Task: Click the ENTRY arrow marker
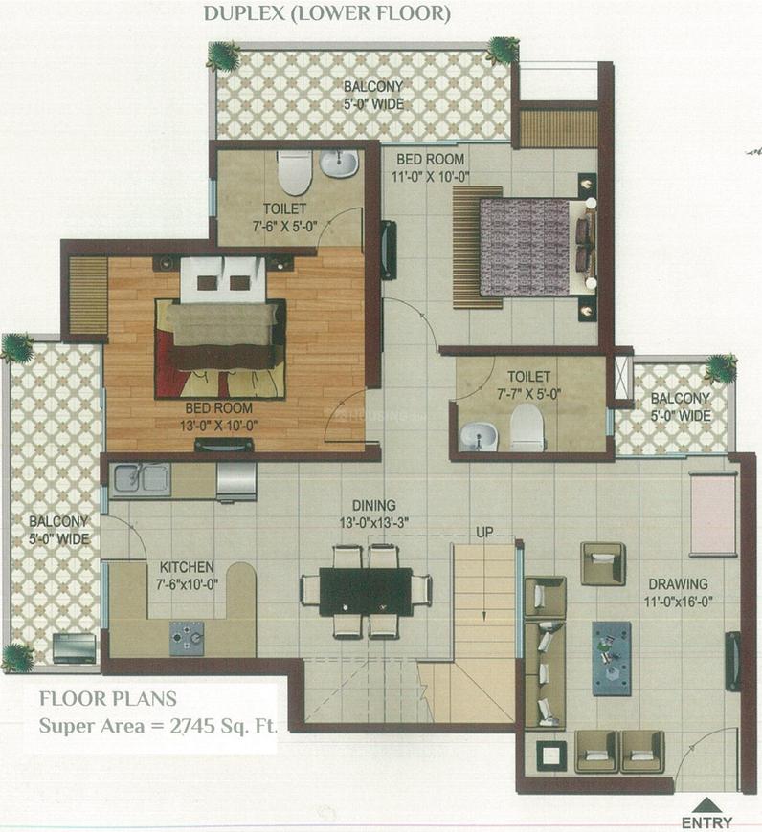coord(706,805)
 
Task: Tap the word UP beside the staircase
coord(484,532)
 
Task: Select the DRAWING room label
coord(678,583)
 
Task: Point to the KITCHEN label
coord(187,567)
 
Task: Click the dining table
coord(365,591)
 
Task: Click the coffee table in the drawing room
coord(611,658)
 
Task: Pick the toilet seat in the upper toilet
coord(294,171)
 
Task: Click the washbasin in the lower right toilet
coord(478,436)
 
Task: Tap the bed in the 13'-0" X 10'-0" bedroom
coord(221,335)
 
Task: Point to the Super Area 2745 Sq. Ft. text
coord(158,724)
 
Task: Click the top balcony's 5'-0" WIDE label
coord(373,103)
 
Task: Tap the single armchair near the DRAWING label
coord(602,563)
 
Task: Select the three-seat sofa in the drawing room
coord(545,674)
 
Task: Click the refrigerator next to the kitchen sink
coord(235,480)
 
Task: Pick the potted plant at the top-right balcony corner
coord(502,50)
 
